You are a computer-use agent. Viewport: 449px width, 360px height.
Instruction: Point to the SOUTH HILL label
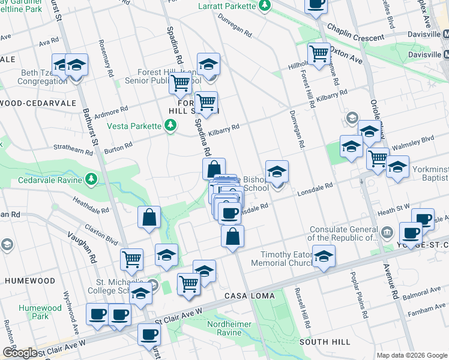(x=325, y=342)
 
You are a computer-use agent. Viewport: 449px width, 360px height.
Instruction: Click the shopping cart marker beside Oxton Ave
(x=319, y=54)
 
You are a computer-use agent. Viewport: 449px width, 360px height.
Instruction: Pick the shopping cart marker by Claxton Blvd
(x=131, y=259)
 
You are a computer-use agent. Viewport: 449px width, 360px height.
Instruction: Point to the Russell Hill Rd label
(x=301, y=308)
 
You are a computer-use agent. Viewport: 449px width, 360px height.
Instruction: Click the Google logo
(x=19, y=353)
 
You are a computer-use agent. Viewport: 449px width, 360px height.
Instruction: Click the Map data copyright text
(x=411, y=355)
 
